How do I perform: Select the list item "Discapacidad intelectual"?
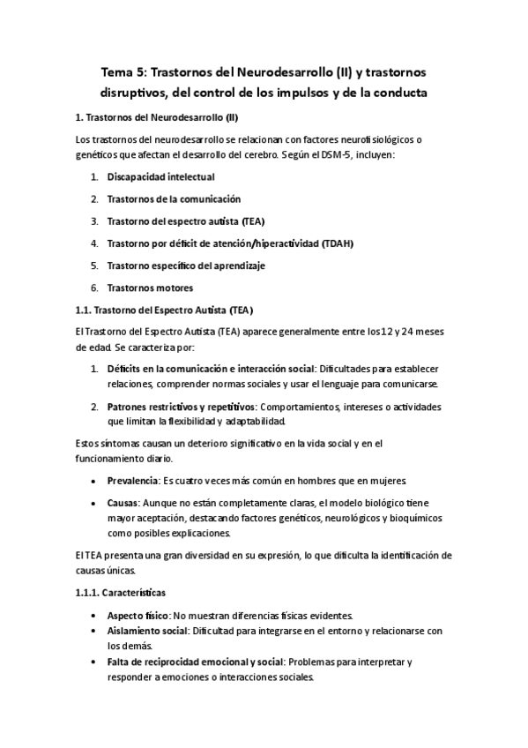160,177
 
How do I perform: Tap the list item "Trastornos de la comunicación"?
174,199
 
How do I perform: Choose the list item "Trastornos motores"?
150,288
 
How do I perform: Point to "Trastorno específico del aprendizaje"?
186,266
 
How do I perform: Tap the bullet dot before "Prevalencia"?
94,480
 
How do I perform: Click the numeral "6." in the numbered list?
94,288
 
